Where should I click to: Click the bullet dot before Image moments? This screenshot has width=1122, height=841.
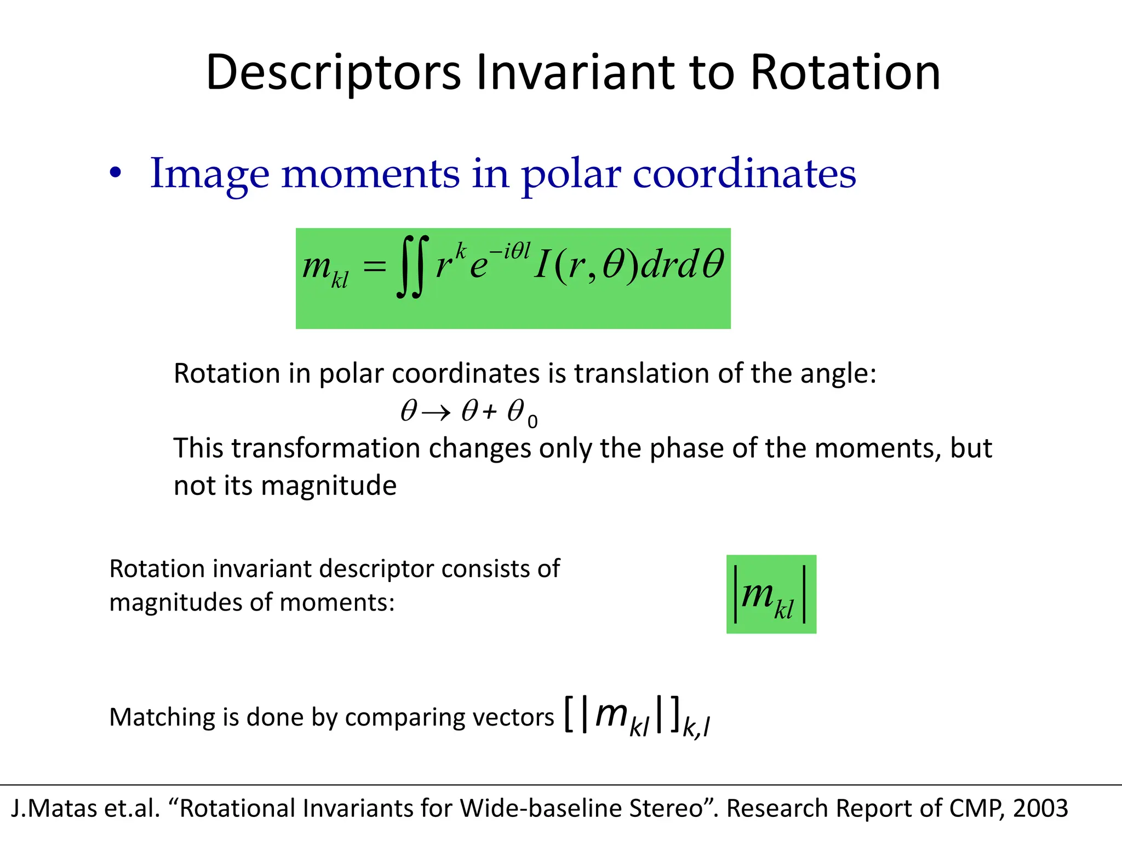pyautogui.click(x=115, y=173)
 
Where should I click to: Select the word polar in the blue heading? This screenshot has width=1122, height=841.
pyautogui.click(x=570, y=174)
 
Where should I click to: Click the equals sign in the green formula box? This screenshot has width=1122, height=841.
pyautogui.click(x=375, y=267)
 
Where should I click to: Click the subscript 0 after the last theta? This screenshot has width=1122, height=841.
pyautogui.click(x=533, y=422)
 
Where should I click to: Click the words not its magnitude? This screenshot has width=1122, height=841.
pyautogui.click(x=285, y=486)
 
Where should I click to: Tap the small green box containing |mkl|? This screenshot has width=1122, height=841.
pyautogui.click(x=771, y=594)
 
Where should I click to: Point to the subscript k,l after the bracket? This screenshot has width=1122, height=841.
pyautogui.click(x=696, y=727)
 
